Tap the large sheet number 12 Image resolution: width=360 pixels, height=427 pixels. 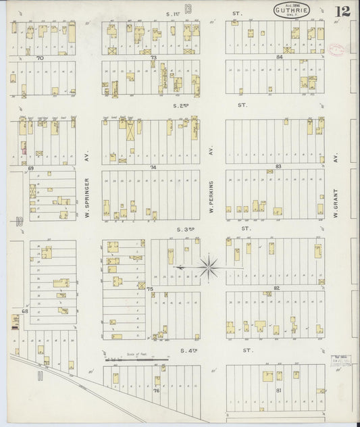[342, 11]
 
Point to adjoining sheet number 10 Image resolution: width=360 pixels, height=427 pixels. [20, 220]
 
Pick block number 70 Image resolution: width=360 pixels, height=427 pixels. [40, 59]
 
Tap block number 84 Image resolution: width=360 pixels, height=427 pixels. [278, 57]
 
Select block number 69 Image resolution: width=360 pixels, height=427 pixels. [30, 166]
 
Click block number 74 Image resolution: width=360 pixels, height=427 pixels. [153, 166]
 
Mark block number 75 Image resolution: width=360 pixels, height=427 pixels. [151, 288]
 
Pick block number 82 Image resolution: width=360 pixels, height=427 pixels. [277, 288]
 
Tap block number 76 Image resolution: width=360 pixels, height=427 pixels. [156, 391]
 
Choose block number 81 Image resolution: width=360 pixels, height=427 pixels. [278, 391]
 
